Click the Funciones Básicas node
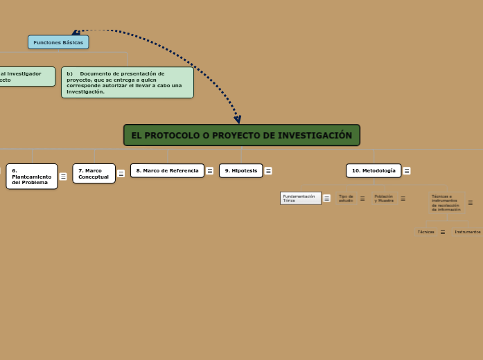click(58, 42)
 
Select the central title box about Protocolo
click(242, 135)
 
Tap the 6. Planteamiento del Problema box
click(32, 176)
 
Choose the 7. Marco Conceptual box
click(94, 173)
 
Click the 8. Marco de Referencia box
click(167, 170)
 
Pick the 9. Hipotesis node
click(240, 170)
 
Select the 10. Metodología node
click(374, 170)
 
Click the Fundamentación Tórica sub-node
click(300, 198)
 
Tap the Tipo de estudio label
click(346, 198)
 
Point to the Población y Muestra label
click(384, 198)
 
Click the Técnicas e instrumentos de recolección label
click(445, 202)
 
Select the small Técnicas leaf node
click(425, 232)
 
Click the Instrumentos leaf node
click(467, 232)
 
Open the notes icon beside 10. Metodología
click(407, 171)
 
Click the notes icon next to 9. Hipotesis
click(268, 171)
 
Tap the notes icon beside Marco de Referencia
click(209, 171)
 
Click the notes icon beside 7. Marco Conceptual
click(121, 174)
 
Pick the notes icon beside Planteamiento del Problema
click(63, 177)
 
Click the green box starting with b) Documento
click(128, 82)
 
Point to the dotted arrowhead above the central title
click(237, 119)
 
